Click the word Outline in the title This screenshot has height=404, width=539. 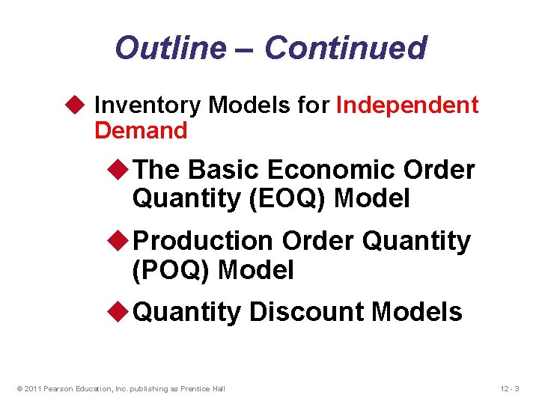[x=169, y=48]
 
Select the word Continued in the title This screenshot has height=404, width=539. [x=345, y=48]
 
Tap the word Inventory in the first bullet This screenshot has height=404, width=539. [x=147, y=105]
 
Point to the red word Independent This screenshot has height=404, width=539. [x=407, y=105]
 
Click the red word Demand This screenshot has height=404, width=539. [x=141, y=130]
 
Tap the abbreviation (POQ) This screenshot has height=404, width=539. [x=171, y=269]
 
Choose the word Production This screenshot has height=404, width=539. [x=202, y=241]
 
